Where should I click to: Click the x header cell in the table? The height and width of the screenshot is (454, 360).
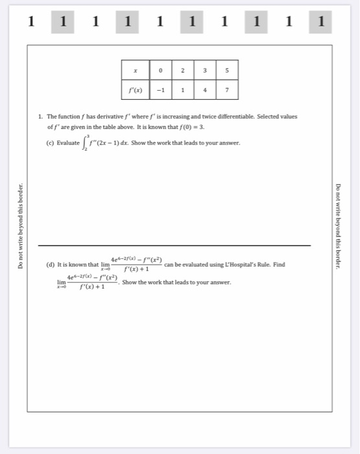click(135, 70)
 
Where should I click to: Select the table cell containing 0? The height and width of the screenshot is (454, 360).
click(160, 70)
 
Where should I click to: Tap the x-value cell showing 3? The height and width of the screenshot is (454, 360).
click(205, 70)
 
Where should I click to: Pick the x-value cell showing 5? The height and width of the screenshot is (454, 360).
click(227, 70)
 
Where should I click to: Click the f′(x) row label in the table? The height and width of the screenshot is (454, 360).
click(135, 90)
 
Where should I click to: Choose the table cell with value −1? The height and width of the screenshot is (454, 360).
click(160, 90)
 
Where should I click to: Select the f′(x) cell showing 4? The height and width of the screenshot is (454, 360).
click(205, 90)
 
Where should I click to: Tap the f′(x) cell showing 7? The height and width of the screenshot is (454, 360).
click(227, 90)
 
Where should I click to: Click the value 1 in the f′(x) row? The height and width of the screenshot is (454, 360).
click(183, 90)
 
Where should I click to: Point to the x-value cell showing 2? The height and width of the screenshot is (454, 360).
click(183, 70)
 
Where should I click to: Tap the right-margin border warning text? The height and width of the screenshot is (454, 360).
click(339, 227)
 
